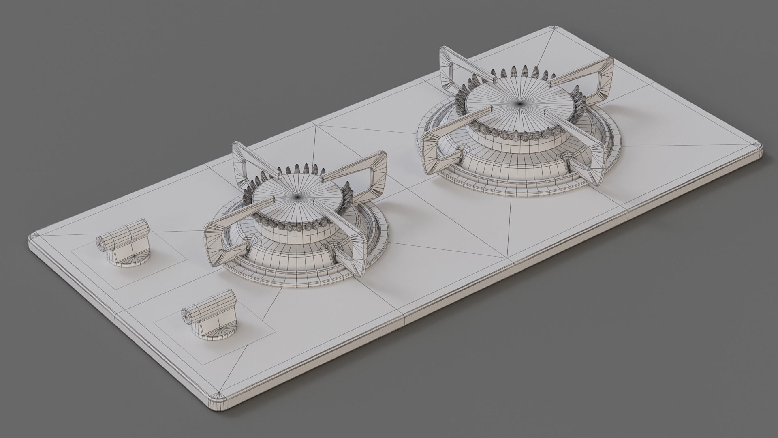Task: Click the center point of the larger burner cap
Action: tap(519, 104)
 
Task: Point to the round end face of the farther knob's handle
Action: tap(101, 243)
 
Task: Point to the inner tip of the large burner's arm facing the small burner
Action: tap(485, 110)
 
